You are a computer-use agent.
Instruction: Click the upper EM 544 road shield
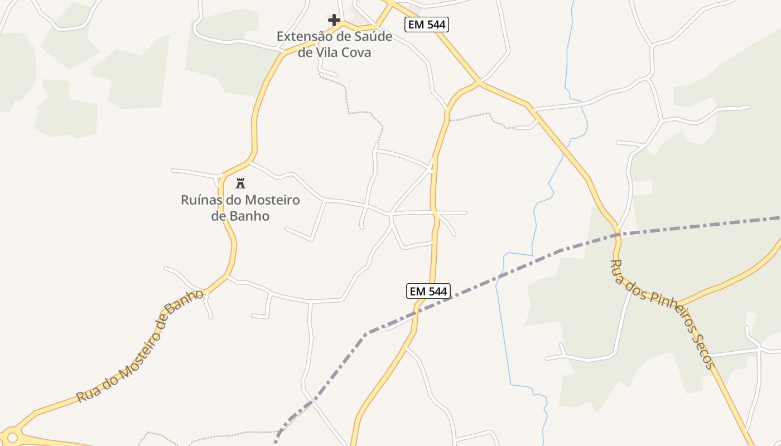pyautogui.click(x=427, y=24)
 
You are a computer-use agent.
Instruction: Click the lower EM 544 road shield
pyautogui.click(x=428, y=291)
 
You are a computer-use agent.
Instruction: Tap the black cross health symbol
pyautogui.click(x=334, y=21)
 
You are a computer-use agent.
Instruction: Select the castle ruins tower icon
pyautogui.click(x=240, y=183)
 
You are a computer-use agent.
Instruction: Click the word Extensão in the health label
pyautogui.click(x=304, y=37)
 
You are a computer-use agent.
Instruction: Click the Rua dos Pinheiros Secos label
pyautogui.click(x=662, y=314)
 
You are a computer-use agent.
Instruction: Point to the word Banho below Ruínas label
pyautogui.click(x=240, y=216)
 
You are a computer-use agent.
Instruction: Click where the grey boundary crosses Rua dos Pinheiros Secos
pyautogui.click(x=618, y=235)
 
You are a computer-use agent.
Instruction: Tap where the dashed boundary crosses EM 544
pyautogui.click(x=419, y=311)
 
